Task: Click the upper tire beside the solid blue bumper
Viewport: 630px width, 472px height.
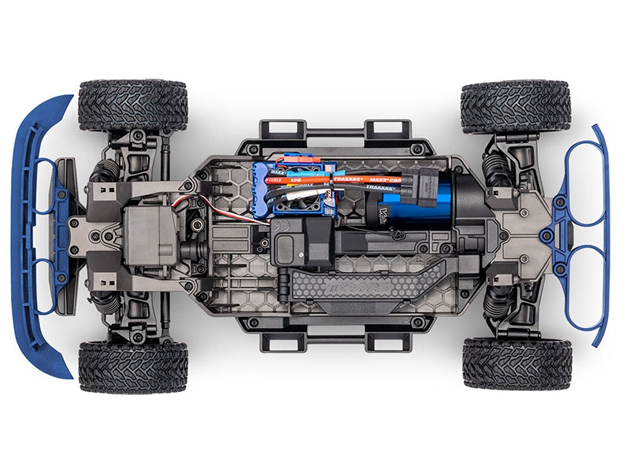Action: tap(132, 105)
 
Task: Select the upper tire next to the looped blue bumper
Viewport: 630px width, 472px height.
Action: tap(515, 106)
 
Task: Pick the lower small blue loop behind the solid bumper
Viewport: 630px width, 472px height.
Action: tap(46, 279)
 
